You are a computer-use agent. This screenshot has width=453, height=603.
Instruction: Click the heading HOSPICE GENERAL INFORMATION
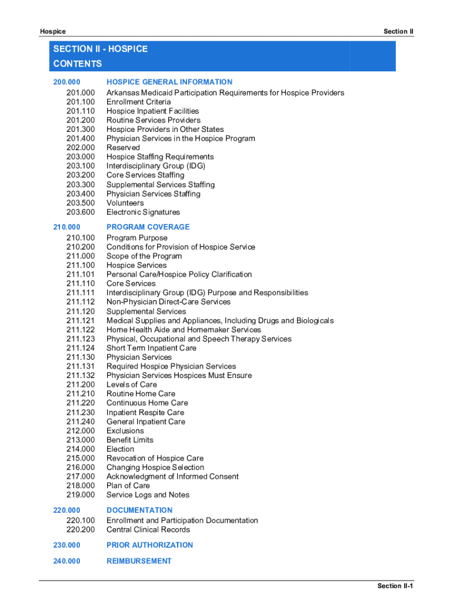click(x=169, y=82)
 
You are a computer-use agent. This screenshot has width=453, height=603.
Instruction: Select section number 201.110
click(x=81, y=111)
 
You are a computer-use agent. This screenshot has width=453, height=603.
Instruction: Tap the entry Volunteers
click(x=125, y=203)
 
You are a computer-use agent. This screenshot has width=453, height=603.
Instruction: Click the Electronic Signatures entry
click(x=143, y=212)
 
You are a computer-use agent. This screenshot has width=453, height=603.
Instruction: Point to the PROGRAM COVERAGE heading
click(x=148, y=227)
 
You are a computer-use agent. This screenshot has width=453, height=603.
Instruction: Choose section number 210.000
click(x=66, y=227)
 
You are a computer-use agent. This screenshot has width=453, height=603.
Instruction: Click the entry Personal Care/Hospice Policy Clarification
click(x=179, y=274)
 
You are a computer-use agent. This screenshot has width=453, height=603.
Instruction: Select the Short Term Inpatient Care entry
click(x=151, y=348)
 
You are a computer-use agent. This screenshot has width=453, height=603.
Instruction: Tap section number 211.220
click(x=81, y=403)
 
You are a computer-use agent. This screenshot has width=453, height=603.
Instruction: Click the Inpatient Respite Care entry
click(x=145, y=412)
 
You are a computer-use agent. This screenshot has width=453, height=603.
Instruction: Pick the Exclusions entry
click(x=125, y=430)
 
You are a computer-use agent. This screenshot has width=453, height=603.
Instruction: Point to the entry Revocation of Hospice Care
click(x=155, y=458)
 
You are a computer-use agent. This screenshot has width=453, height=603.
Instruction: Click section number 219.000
click(x=81, y=495)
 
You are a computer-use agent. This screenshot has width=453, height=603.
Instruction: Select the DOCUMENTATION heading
click(x=139, y=510)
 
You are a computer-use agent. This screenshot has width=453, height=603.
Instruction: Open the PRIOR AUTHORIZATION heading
click(x=149, y=545)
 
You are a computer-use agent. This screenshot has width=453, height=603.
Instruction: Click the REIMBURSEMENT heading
click(x=139, y=561)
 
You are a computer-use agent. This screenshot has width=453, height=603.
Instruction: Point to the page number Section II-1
click(x=395, y=586)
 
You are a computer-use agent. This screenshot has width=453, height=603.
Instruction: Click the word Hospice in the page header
click(x=53, y=31)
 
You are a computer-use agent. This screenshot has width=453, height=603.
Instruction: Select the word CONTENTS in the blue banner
click(x=77, y=64)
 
